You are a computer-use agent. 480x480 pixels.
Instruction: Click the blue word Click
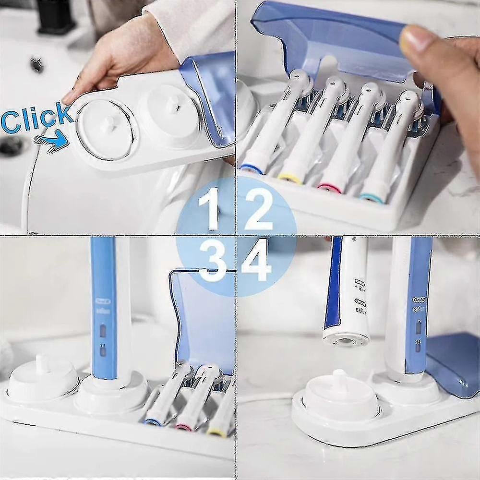36,118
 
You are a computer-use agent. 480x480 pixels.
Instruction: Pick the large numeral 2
259,209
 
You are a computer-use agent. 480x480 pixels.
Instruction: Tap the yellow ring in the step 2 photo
289,179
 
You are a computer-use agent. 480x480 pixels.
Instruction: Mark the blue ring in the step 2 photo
251,168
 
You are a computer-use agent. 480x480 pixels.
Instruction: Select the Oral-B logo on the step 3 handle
103,301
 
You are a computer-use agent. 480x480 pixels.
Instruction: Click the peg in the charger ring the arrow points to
108,123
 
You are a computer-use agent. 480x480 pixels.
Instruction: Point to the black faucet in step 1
55,17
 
